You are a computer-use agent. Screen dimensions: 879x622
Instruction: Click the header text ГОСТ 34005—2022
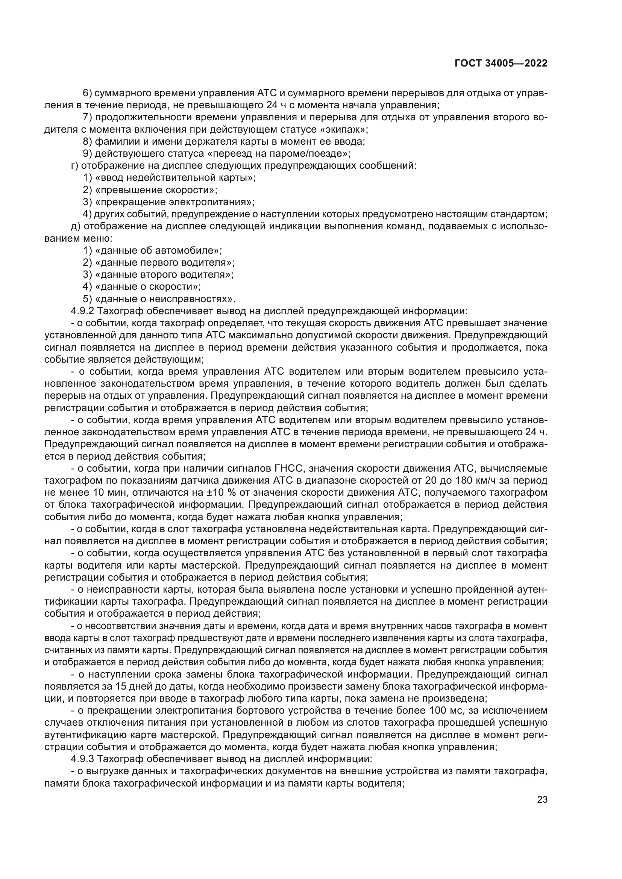tap(501, 64)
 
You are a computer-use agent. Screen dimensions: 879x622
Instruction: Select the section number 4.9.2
tap(82, 311)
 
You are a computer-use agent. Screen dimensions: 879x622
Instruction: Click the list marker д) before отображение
tap(75, 226)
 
